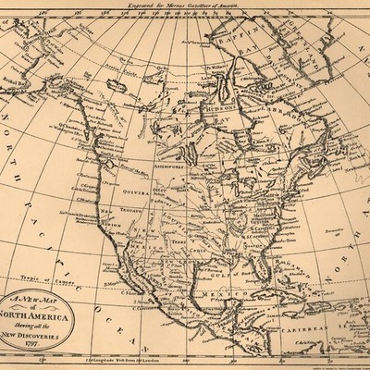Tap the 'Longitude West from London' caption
pos(120,357)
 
